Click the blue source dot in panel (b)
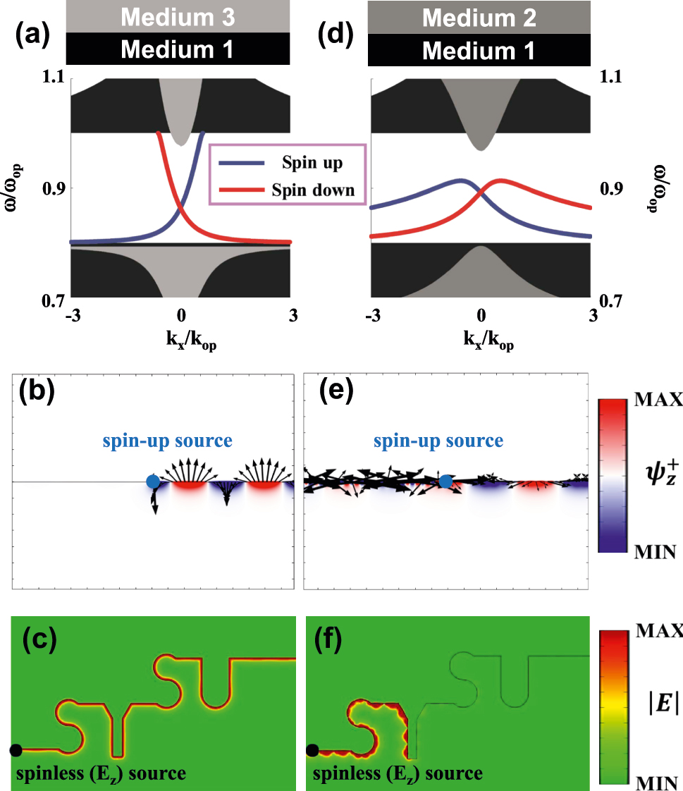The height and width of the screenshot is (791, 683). pos(152,482)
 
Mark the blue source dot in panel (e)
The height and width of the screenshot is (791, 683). pos(445,482)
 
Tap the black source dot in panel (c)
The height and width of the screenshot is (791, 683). pos(16,750)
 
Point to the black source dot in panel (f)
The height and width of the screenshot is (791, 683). pos(312,750)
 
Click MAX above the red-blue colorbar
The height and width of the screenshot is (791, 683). pos(658,400)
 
